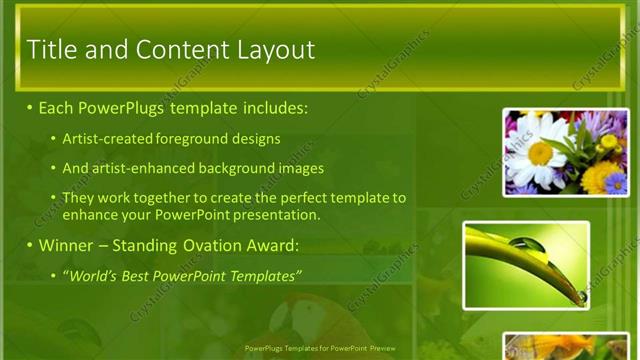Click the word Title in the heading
(50, 49)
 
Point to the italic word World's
(91, 275)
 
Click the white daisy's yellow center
(540, 153)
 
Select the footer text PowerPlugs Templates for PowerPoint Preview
(321, 349)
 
